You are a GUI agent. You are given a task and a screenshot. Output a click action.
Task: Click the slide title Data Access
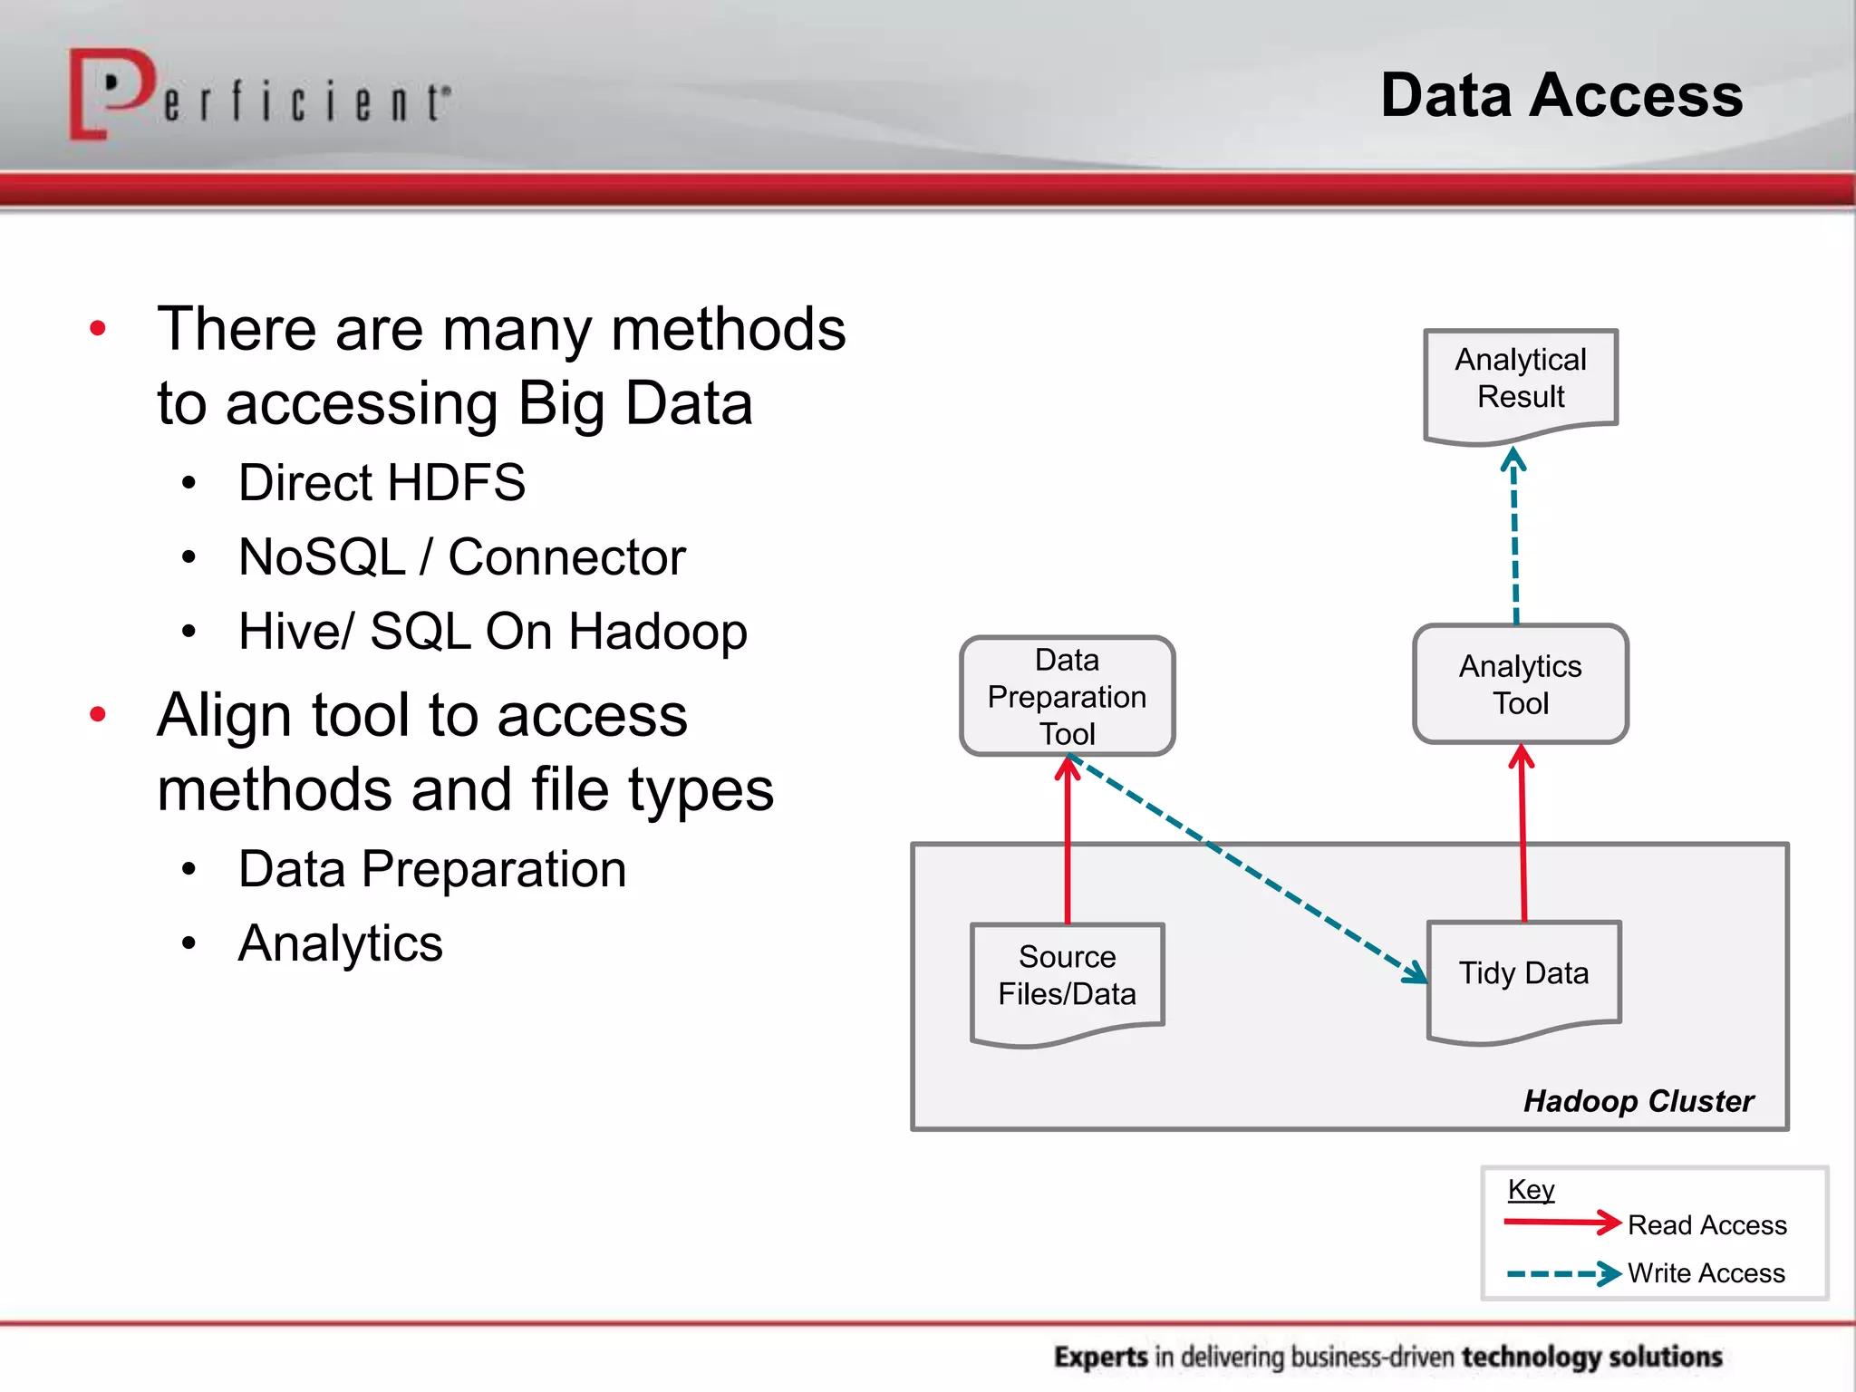pos(1561,96)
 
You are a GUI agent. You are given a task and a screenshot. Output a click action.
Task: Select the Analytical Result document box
pos(1521,381)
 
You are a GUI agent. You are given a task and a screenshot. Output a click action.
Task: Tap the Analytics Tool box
pos(1521,685)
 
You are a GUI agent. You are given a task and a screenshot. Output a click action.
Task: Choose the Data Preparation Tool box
pos(1067,696)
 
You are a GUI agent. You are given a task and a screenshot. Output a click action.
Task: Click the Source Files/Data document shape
pos(1067,979)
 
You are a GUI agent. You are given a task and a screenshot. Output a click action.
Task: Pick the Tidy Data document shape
pos(1523,975)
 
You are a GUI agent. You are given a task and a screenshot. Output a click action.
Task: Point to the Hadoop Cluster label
pos(1638,1101)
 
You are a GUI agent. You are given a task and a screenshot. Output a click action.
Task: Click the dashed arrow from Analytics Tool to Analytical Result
pos(1514,544)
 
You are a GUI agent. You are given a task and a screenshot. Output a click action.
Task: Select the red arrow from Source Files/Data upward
pos(1068,843)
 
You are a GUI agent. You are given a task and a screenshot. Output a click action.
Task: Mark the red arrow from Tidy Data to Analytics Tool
pos(1522,834)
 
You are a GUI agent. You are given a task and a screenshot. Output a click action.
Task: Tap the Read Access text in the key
pos(1706,1225)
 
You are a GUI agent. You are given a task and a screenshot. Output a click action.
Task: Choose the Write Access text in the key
pos(1706,1273)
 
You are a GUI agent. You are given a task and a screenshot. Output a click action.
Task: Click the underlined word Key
pos(1531,1189)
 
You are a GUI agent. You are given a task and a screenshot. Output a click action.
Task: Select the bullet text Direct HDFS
pos(382,482)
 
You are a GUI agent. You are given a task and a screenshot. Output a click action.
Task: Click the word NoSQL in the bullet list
pos(321,556)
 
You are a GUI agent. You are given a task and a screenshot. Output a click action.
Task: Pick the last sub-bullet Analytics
pos(340,943)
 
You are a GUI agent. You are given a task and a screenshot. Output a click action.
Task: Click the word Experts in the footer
pos(1100,1357)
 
